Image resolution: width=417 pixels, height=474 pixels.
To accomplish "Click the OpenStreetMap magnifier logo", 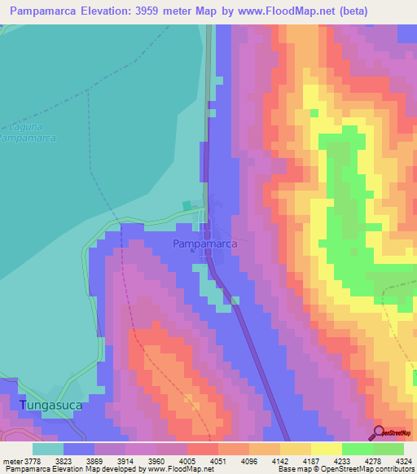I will pos(378,432).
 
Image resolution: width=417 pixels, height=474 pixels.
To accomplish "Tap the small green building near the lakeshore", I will pos(187,206).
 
